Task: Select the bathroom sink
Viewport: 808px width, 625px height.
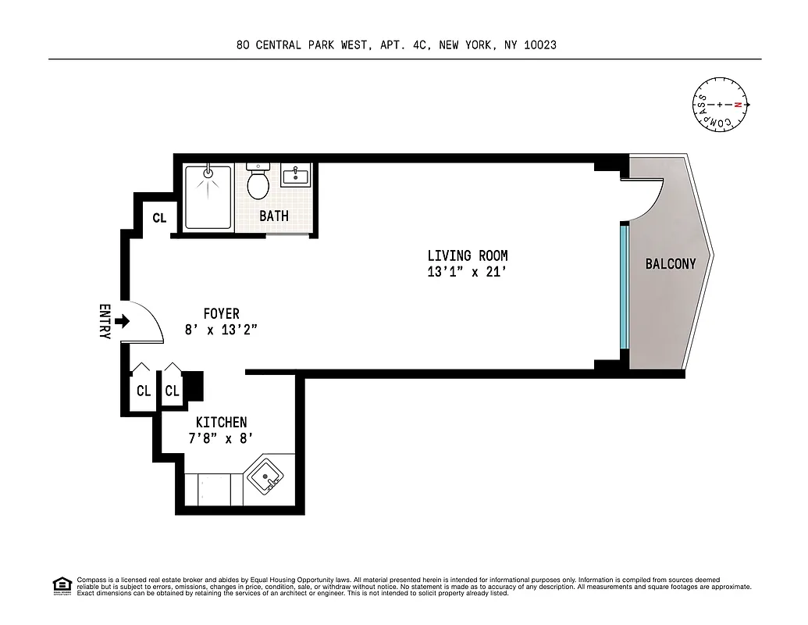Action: tap(295, 177)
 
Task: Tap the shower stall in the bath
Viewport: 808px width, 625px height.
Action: tap(208, 197)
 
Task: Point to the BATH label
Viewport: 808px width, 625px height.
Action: tap(274, 216)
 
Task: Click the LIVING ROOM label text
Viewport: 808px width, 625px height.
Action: tap(467, 255)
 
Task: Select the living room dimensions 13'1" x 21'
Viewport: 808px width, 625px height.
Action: tap(467, 272)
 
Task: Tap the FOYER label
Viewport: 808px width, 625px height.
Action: tap(221, 314)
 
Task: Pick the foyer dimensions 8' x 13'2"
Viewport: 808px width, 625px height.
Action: tap(221, 330)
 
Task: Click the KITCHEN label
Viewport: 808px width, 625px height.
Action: tap(221, 423)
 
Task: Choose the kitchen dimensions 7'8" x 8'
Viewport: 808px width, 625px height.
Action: tap(221, 439)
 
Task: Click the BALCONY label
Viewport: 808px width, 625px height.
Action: tap(670, 264)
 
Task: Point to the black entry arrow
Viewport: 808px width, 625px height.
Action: tap(122, 320)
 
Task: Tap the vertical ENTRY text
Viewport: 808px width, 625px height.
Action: tap(105, 321)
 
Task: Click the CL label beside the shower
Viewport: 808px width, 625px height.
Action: tap(159, 219)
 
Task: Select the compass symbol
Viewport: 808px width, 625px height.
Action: tap(721, 105)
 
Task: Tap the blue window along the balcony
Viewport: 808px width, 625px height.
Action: tap(624, 286)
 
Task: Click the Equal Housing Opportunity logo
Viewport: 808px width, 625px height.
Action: tap(62, 585)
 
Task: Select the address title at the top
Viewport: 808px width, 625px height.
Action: tap(397, 45)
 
